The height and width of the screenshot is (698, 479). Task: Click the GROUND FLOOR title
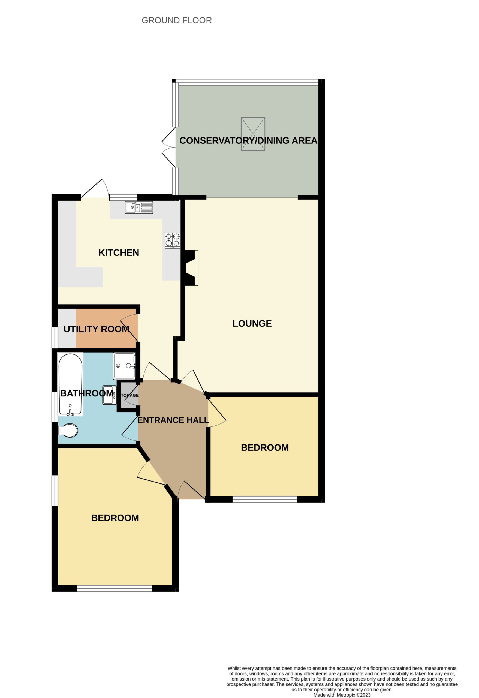pyautogui.click(x=177, y=20)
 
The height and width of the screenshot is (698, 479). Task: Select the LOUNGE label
pyautogui.click(x=252, y=323)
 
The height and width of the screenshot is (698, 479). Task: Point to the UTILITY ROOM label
pyautogui.click(x=97, y=329)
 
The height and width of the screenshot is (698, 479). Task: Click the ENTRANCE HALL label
pyautogui.click(x=173, y=420)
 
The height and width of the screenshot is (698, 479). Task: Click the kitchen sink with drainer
pyautogui.click(x=139, y=207)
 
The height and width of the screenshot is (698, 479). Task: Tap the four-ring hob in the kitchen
pyautogui.click(x=172, y=240)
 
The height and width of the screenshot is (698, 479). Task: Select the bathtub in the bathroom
pyautogui.click(x=70, y=384)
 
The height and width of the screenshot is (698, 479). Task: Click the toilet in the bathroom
pyautogui.click(x=68, y=431)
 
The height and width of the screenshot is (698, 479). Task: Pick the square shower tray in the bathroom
pyautogui.click(x=124, y=366)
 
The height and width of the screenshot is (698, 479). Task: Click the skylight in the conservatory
pyautogui.click(x=253, y=134)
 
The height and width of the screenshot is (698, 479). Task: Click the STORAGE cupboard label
pyautogui.click(x=130, y=395)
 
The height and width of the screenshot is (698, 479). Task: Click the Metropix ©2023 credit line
pyautogui.click(x=342, y=695)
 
